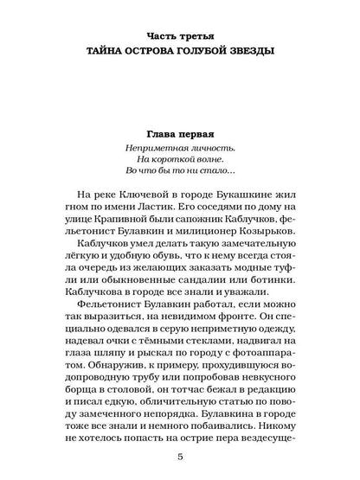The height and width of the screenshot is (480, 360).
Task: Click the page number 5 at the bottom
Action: click(x=179, y=468)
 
